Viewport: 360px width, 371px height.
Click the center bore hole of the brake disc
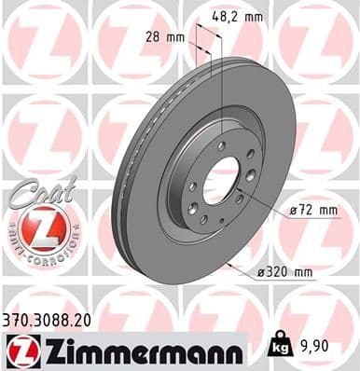(220, 182)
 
